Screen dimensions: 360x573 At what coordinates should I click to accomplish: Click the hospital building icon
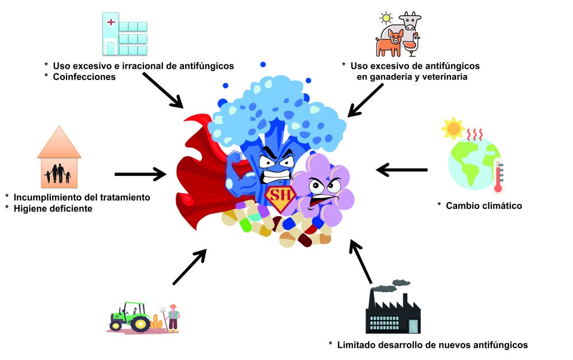tap(125, 35)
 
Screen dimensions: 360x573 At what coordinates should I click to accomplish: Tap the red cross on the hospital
tap(111, 22)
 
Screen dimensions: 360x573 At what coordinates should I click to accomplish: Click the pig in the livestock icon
tap(391, 43)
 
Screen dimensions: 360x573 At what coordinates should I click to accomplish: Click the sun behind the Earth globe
tap(452, 129)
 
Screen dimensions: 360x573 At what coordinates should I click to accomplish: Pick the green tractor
tap(129, 317)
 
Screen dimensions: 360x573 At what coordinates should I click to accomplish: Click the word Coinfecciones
tap(84, 77)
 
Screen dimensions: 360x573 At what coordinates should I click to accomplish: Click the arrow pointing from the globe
tap(402, 169)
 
